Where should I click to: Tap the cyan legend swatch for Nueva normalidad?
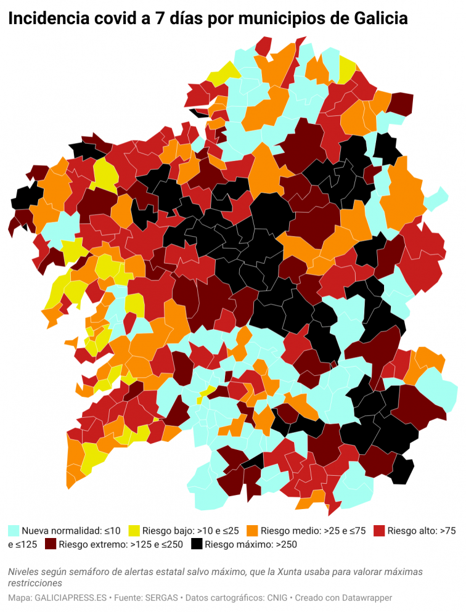[x=14, y=530]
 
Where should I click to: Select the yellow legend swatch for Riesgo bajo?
[x=134, y=530]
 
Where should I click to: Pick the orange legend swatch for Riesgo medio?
[x=252, y=530]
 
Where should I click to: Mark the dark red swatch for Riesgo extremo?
[x=50, y=544]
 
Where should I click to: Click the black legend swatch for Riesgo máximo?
[x=197, y=544]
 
